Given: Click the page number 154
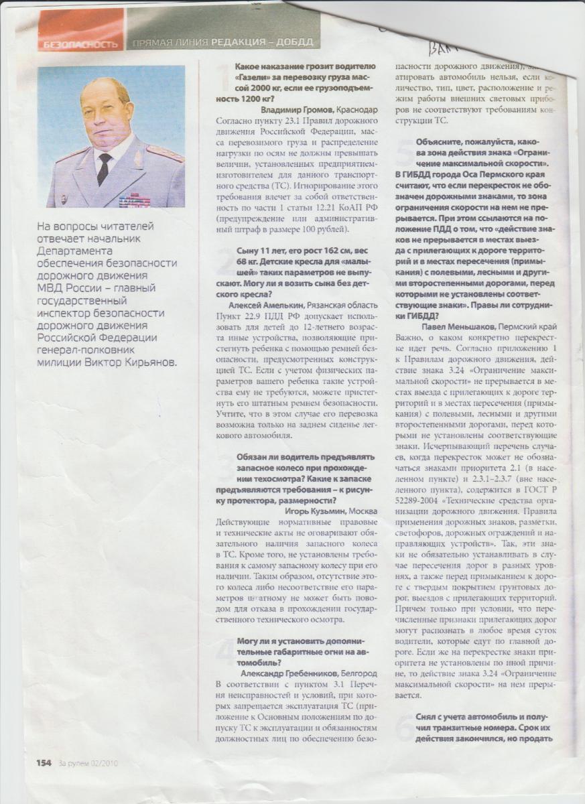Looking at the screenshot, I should click(x=44, y=762).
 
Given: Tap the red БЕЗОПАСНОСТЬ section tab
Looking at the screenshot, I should click(x=80, y=44).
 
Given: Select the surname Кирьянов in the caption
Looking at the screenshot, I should click(x=149, y=362).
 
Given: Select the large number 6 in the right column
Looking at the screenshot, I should click(x=405, y=727).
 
